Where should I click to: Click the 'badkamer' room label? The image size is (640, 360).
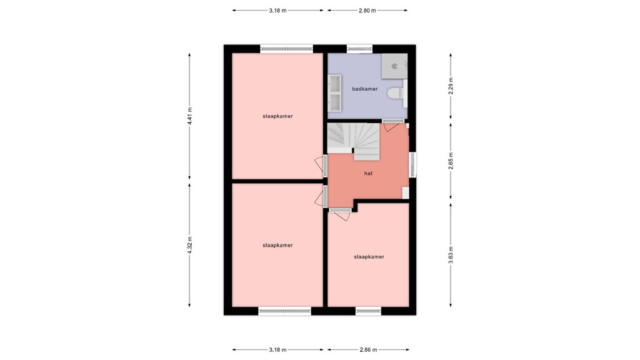coord(365,89)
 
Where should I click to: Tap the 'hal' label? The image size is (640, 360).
coord(369,174)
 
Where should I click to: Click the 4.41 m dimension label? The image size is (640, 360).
coord(190,117)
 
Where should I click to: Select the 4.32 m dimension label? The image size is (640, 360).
coord(190,246)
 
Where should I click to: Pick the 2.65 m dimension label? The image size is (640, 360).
coord(451,161)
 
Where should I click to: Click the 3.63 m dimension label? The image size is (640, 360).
coord(451,255)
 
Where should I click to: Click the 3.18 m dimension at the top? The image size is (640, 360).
coord(278,11)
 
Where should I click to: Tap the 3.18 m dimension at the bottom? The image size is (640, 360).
coord(278,350)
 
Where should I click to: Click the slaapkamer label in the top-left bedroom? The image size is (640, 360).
coord(277,116)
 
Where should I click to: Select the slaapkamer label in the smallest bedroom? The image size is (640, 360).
coord(369,257)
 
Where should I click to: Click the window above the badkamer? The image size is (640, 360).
coord(359,48)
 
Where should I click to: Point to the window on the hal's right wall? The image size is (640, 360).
coord(412,166)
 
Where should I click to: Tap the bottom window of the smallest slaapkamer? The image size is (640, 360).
coord(368,310)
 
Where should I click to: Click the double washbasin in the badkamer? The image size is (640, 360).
coord(334,92)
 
